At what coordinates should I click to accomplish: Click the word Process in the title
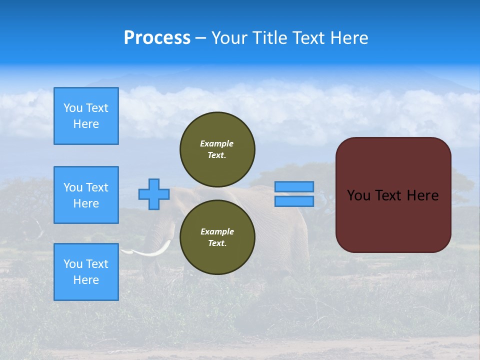click(157, 38)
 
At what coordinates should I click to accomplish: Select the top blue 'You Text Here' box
click(86, 116)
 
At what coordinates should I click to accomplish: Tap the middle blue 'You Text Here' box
click(86, 195)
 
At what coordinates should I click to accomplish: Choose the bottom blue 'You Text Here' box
click(86, 272)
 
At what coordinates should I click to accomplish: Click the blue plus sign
click(154, 194)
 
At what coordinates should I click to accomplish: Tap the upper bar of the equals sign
click(294, 186)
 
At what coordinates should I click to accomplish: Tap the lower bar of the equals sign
click(294, 201)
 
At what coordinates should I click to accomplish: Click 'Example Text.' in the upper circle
click(217, 149)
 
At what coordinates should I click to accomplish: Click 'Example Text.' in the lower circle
click(217, 237)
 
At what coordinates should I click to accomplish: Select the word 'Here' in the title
click(350, 38)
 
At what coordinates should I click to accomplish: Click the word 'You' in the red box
click(358, 195)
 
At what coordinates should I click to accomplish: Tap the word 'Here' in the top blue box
click(86, 124)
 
